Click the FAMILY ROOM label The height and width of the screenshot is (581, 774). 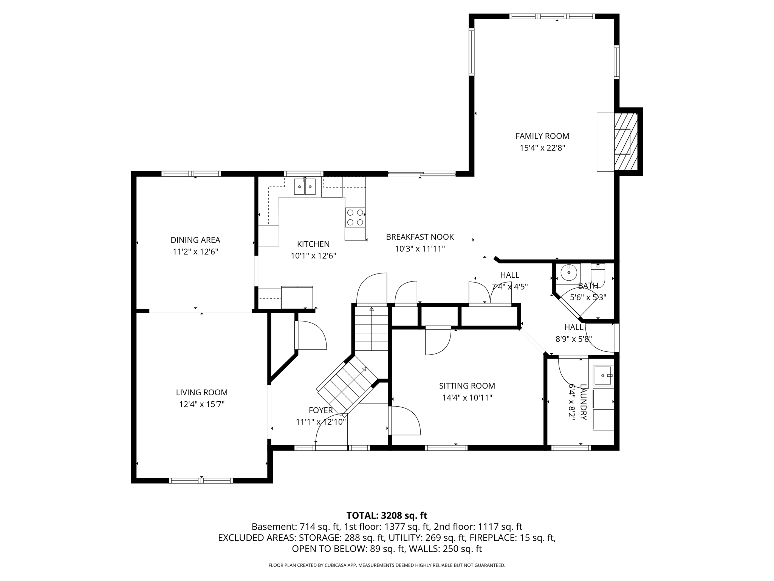[x=542, y=136]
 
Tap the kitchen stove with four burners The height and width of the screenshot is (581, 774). [x=355, y=217]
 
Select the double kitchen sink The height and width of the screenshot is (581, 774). [x=305, y=187]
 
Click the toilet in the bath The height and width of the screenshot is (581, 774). [x=598, y=275]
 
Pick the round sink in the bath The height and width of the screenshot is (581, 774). [x=568, y=272]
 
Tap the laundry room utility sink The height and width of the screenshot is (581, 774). [x=603, y=376]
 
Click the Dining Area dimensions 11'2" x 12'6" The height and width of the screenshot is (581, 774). [x=195, y=252]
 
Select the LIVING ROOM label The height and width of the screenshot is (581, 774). [x=202, y=393]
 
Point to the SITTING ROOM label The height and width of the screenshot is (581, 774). [x=467, y=386]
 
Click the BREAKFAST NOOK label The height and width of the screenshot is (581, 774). [x=420, y=237]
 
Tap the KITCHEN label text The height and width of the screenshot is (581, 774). [x=313, y=244]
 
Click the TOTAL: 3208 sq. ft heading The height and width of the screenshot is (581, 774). [x=387, y=516]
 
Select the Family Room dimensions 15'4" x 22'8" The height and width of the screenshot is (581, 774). [x=542, y=148]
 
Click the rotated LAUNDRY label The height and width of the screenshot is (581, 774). [x=584, y=402]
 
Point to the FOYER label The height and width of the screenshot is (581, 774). [x=321, y=410]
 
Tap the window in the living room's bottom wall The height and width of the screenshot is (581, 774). [x=201, y=481]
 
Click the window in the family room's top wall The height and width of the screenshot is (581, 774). [x=552, y=16]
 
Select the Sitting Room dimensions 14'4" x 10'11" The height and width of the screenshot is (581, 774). [x=467, y=398]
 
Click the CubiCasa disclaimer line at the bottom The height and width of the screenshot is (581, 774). [x=387, y=565]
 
